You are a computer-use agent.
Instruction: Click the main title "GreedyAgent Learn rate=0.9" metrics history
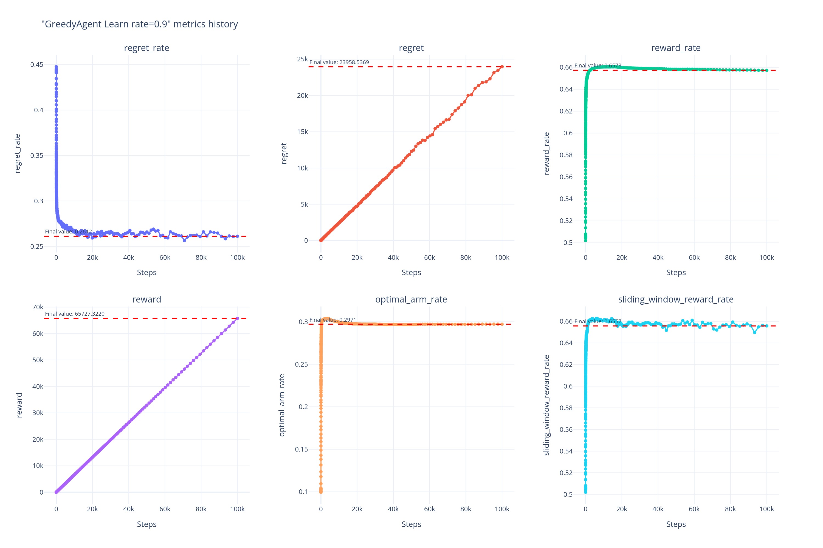139,24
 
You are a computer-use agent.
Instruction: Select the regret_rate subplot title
146,48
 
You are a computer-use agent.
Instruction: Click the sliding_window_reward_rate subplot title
675,299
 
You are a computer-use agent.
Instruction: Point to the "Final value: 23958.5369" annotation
339,62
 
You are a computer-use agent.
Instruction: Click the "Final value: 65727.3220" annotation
75,314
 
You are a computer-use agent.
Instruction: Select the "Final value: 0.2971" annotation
332,320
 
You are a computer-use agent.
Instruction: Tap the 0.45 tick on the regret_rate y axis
37,65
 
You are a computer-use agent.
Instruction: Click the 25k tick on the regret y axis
302,59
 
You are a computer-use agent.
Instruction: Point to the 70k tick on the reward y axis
38,307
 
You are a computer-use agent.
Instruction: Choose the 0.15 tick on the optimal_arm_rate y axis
301,449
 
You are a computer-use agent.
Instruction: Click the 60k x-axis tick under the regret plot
429,258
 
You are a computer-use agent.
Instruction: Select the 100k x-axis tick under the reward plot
237,509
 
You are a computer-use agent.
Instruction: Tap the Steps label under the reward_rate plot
676,273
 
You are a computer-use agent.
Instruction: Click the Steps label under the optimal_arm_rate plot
411,524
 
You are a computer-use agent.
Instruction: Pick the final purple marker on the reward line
237,318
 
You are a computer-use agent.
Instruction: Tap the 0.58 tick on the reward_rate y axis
566,155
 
